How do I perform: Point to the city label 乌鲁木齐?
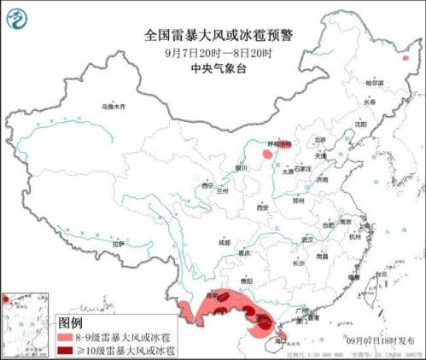tap(113, 107)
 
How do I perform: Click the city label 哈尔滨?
tap(376, 83)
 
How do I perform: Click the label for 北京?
tap(320, 139)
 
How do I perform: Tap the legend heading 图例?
tap(69, 323)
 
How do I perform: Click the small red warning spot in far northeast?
tap(406, 59)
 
